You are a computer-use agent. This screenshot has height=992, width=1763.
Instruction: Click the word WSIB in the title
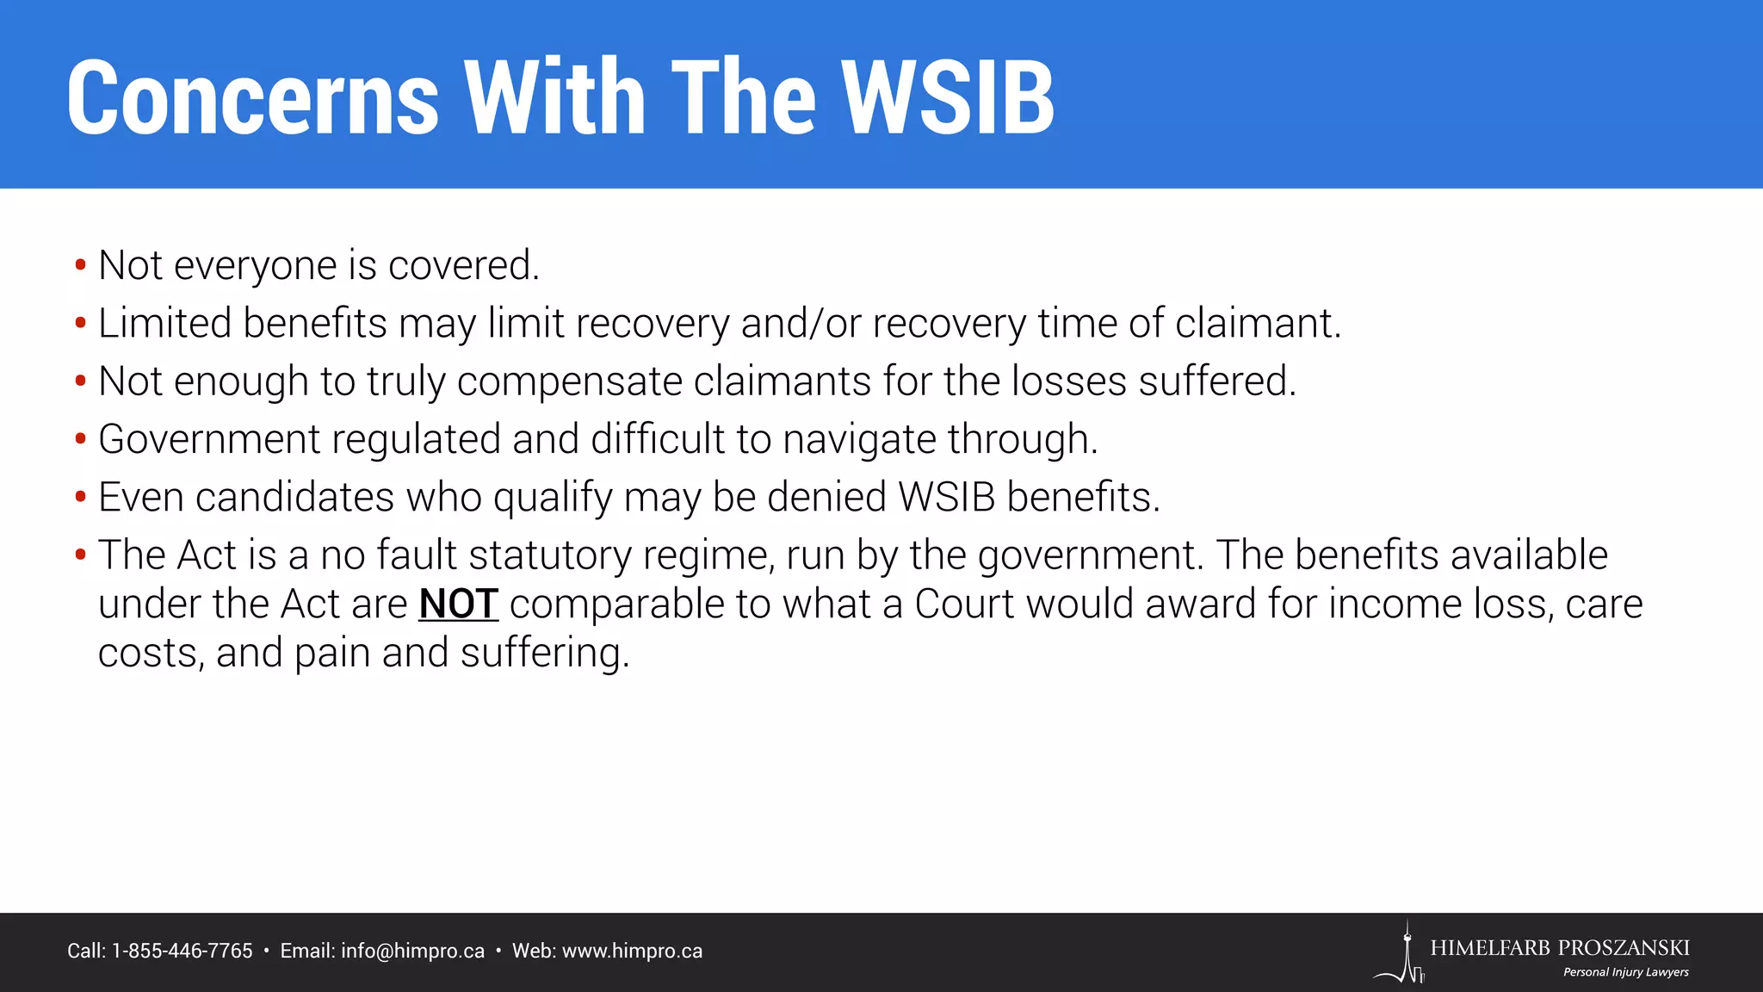(947, 97)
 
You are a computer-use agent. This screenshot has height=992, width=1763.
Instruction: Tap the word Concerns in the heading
(253, 97)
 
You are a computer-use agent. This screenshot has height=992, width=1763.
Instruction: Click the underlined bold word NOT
(458, 604)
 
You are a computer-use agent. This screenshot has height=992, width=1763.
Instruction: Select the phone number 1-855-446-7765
(182, 951)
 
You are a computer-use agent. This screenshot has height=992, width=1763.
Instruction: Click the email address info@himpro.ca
(412, 951)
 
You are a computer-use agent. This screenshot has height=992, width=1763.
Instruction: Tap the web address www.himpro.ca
(632, 951)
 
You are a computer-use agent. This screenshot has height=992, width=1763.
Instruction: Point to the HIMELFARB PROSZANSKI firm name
(1559, 948)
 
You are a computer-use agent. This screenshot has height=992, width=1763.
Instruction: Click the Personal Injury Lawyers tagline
(1625, 972)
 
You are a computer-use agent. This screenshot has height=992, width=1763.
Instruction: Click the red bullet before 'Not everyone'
(80, 264)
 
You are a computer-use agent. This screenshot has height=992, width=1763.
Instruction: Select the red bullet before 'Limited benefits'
(80, 323)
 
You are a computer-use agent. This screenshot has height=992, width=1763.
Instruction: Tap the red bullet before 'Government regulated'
(80, 439)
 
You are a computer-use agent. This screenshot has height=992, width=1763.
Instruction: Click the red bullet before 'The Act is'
(80, 555)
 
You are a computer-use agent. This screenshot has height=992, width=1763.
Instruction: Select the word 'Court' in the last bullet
(964, 604)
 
